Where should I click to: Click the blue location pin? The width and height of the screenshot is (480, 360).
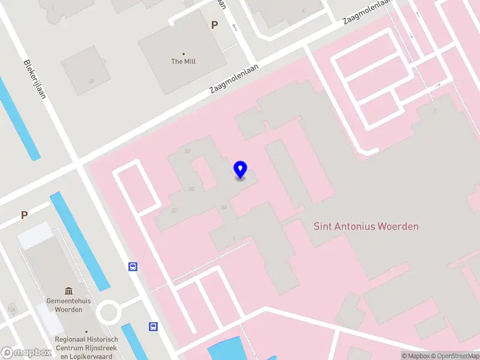[x=241, y=170]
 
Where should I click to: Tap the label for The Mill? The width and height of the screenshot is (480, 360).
[x=184, y=61]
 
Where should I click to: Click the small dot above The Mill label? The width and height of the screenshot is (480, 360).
[x=184, y=53]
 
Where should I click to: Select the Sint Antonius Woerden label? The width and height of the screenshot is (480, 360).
[x=366, y=226]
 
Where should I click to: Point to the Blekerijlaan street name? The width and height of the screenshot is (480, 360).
[x=35, y=83]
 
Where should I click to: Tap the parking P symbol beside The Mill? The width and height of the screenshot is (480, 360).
[x=214, y=25]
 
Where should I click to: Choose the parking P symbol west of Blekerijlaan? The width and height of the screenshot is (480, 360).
[x=25, y=215]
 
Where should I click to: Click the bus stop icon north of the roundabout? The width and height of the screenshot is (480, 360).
[x=133, y=267]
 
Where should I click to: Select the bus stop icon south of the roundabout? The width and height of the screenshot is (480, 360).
[x=153, y=326]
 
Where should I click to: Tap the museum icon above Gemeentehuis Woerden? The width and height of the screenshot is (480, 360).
[x=68, y=290]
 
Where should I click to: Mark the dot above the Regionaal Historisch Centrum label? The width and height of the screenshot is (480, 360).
[x=86, y=331]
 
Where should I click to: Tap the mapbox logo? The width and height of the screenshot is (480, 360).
[x=26, y=353]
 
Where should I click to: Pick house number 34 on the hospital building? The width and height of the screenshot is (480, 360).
[x=224, y=208]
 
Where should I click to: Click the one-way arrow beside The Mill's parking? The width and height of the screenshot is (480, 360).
[x=234, y=27]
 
